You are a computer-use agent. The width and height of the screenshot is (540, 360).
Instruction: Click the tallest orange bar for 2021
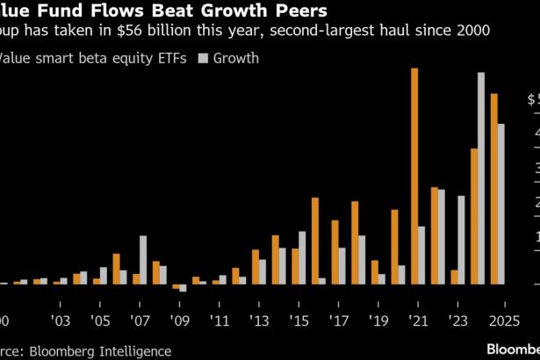414,176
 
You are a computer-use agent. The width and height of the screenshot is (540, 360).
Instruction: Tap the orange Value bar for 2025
493,188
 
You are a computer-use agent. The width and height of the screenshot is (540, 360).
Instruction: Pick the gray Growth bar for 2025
501,204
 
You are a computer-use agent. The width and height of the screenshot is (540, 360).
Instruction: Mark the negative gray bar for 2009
183,288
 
